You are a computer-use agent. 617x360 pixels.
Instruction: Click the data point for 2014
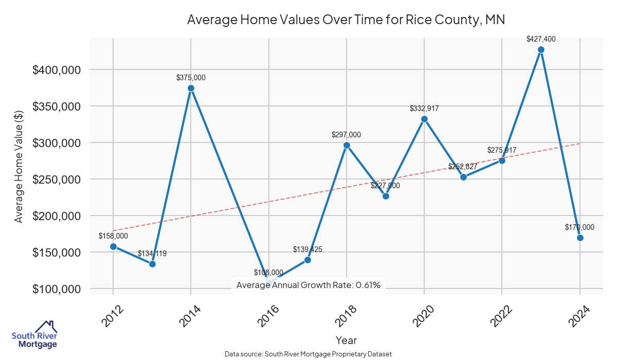click(x=191, y=88)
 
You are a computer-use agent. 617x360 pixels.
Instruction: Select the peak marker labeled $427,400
click(x=541, y=50)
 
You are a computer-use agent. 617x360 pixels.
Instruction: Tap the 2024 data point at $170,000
click(x=580, y=238)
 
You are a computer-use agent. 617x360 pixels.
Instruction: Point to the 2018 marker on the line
click(x=347, y=146)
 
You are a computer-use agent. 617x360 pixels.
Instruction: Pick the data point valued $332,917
click(x=424, y=119)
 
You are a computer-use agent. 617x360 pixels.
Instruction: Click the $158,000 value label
click(x=113, y=236)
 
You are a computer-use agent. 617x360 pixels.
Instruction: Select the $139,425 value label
click(x=307, y=249)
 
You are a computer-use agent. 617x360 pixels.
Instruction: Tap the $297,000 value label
click(x=346, y=135)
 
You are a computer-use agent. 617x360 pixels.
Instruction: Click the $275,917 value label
click(x=502, y=150)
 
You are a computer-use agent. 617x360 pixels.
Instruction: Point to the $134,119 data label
click(x=152, y=254)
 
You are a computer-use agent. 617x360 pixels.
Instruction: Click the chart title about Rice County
click(x=346, y=20)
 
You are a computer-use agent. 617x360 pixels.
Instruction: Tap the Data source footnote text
click(x=308, y=354)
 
